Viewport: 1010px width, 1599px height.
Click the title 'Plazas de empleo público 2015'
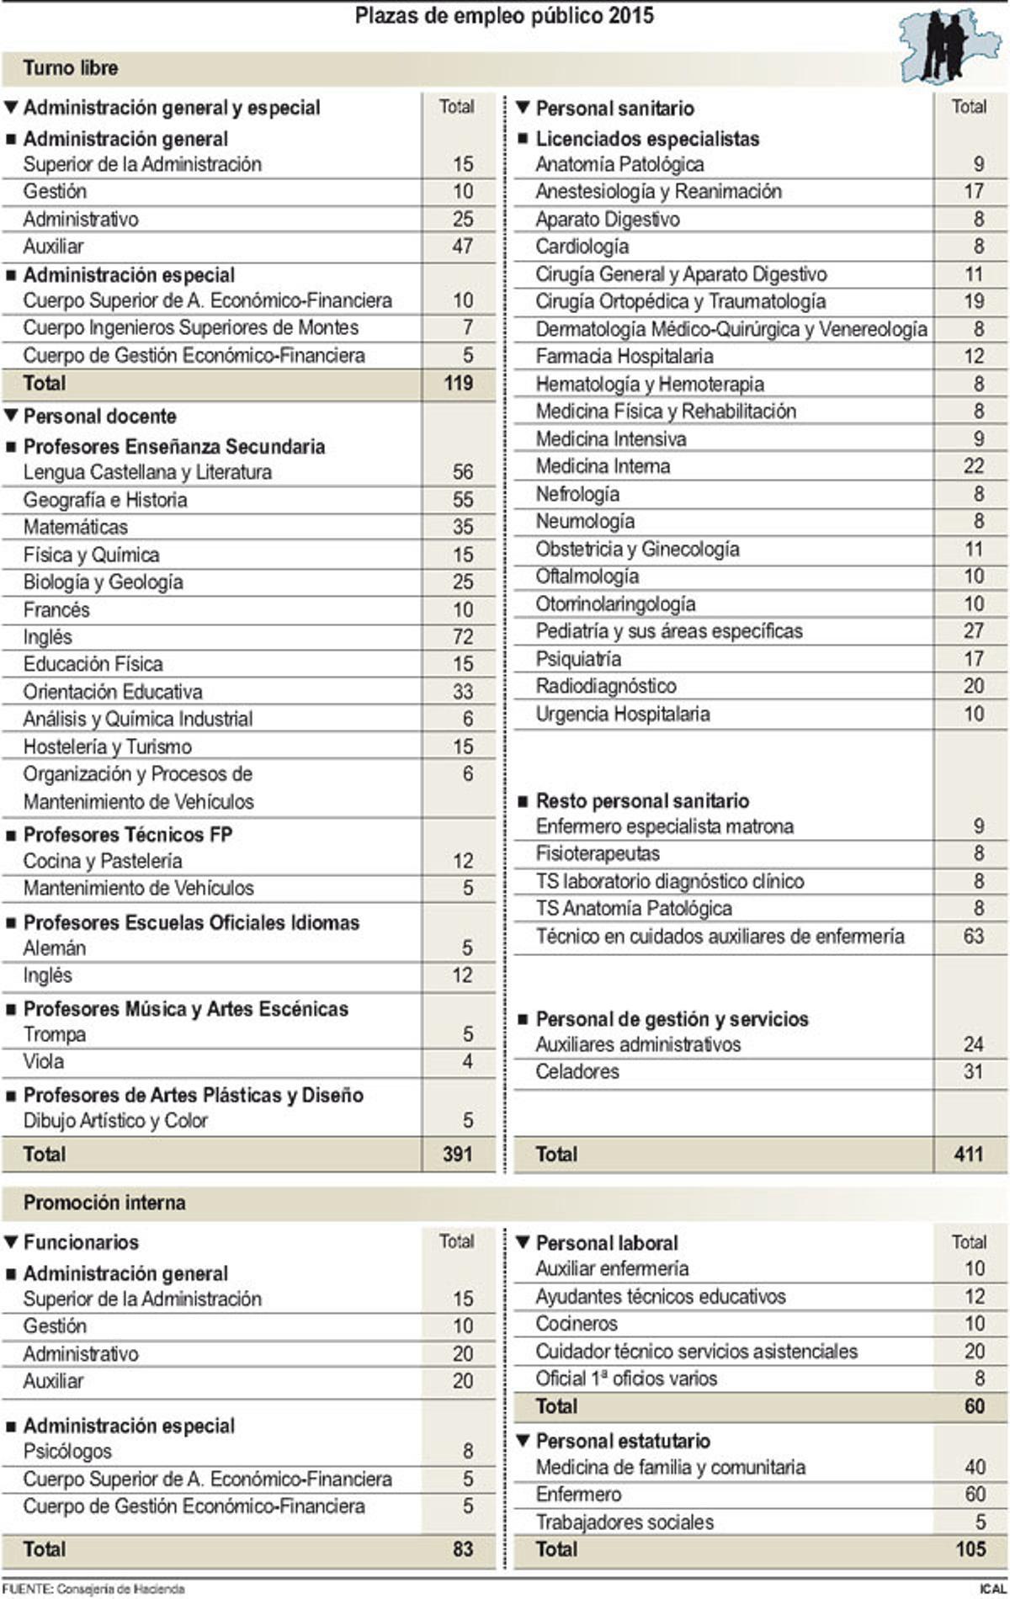pos(504,16)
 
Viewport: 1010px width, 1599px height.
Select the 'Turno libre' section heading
pos(71,68)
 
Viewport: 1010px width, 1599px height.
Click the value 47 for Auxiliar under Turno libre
pos(462,247)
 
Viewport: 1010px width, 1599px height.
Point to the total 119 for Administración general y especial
pos(458,384)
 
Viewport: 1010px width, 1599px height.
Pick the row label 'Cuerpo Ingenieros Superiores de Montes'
pos(190,327)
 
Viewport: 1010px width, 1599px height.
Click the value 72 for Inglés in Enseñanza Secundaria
pos(462,637)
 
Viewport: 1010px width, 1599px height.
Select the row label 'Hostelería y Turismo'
pos(107,746)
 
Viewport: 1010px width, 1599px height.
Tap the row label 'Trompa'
pos(55,1034)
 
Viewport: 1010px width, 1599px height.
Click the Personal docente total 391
pos(458,1154)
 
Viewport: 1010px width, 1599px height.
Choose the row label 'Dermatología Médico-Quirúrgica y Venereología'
pos(731,329)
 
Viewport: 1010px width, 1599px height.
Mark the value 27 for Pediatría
pos(973,631)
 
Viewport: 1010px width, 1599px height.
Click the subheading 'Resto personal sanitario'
pos(642,800)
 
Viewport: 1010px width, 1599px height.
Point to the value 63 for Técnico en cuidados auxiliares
pos(973,937)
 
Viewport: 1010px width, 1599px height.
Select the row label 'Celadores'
pos(577,1071)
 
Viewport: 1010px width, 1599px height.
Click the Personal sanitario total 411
pos(969,1154)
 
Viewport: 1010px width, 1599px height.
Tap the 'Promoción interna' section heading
pos(104,1203)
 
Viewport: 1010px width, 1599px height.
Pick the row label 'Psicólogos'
pos(67,1451)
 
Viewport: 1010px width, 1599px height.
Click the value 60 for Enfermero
pos(975,1494)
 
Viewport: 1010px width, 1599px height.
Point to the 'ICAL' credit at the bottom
pos(991,1589)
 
